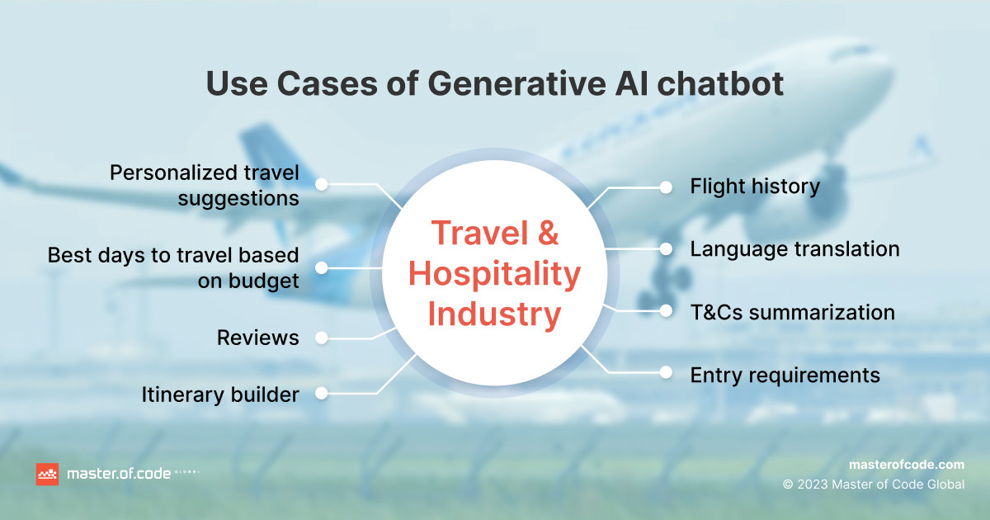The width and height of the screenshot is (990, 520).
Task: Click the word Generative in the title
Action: pos(516,83)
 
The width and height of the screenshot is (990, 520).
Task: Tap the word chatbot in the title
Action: pos(720,83)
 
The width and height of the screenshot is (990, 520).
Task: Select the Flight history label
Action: pos(755,187)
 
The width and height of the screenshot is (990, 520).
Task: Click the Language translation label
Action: pos(794,250)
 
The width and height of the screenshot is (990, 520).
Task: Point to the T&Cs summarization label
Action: pos(793,312)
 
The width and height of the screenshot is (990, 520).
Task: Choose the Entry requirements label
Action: pos(785,376)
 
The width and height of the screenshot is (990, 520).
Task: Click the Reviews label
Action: pos(257,338)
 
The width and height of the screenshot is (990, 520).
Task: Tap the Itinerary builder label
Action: pos(220,395)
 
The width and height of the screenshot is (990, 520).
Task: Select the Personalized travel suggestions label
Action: pos(205,185)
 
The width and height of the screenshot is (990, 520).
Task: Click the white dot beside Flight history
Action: pos(666,187)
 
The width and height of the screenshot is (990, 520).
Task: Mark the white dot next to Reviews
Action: pos(321,338)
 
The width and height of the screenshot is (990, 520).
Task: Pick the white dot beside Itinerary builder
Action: pos(321,393)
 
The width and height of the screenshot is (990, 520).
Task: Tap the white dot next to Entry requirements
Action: pos(666,372)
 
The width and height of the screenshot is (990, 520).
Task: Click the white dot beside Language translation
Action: pos(666,249)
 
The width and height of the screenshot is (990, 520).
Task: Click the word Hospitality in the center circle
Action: pos(494,275)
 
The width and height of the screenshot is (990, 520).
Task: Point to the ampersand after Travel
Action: pos(549,233)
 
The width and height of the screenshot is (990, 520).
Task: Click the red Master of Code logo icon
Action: pos(47,474)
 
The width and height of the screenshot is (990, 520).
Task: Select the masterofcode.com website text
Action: pos(907,465)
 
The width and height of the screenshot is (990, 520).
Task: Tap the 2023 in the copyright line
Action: pos(813,485)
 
